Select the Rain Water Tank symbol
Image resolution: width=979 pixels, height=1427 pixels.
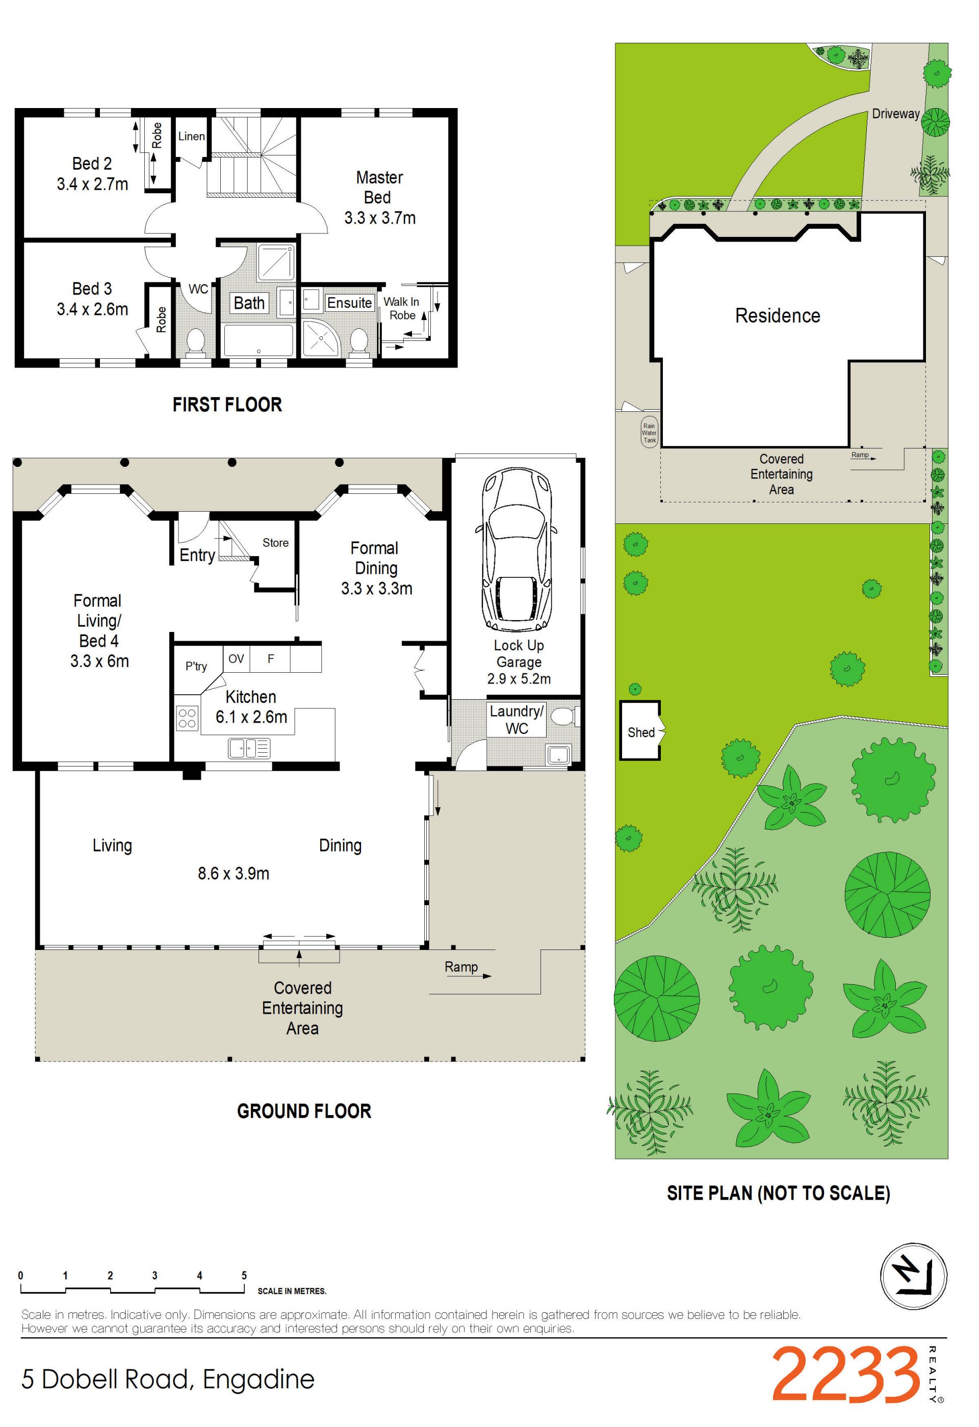(649, 433)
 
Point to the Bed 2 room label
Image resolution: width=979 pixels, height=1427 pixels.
(92, 174)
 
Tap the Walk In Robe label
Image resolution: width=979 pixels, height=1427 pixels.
(402, 308)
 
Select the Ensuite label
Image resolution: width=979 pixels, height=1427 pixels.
(349, 303)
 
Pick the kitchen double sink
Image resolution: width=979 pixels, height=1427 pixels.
(249, 747)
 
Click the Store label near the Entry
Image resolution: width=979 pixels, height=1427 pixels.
(275, 543)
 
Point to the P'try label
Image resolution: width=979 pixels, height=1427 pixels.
(196, 666)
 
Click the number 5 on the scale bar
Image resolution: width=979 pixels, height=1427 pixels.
(244, 1275)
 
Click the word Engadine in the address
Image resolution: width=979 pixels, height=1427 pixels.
(259, 1380)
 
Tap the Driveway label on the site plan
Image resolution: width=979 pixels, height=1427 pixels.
(895, 114)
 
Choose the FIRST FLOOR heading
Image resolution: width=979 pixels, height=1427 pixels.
(227, 405)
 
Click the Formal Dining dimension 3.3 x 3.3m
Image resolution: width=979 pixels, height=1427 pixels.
(376, 588)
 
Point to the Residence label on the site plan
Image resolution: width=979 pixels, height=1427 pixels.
(778, 315)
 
